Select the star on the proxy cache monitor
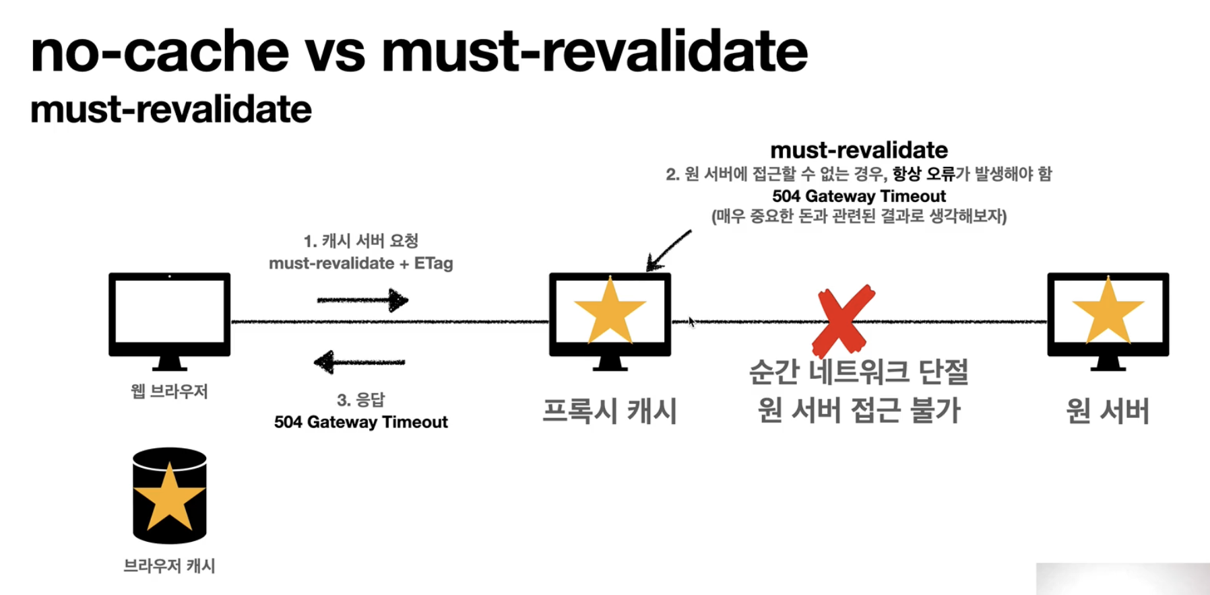point(610,311)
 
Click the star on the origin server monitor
point(1108,311)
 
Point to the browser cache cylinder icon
point(169,495)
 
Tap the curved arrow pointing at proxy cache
point(668,250)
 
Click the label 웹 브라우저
point(169,391)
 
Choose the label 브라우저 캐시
point(169,566)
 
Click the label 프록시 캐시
point(610,411)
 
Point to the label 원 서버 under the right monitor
point(1108,411)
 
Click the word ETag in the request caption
point(433,263)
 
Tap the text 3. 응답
point(360,400)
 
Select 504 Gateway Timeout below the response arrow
point(360,422)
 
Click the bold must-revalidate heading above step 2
point(859,149)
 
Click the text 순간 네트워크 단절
point(859,372)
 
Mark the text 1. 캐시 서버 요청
point(360,241)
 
